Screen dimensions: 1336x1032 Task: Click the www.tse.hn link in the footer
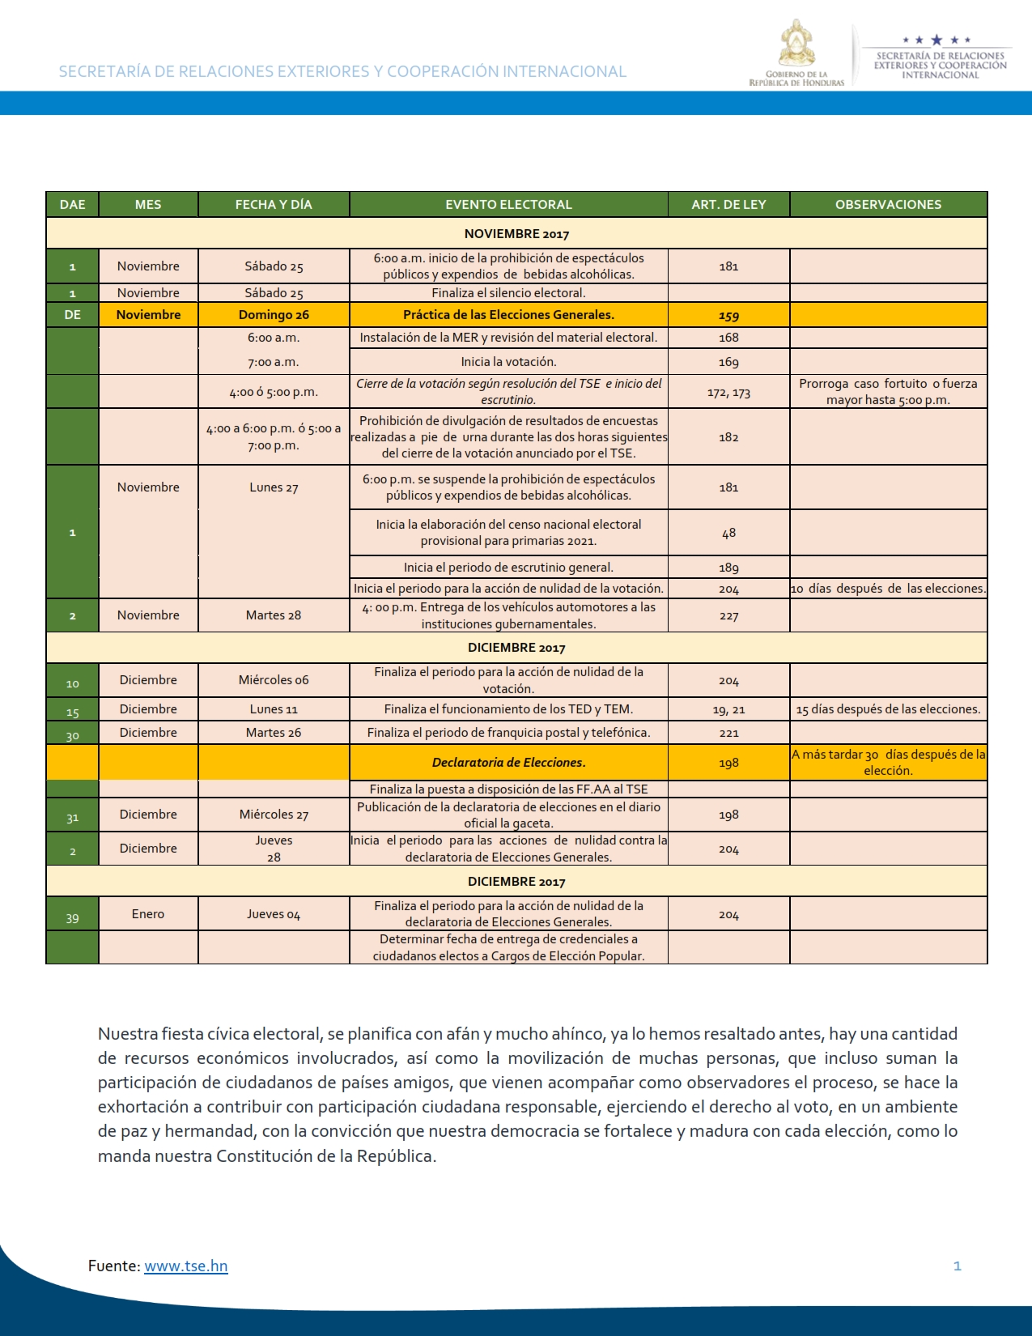(x=185, y=1266)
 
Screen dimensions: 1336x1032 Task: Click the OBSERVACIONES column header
(x=888, y=205)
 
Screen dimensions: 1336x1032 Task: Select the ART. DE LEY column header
(x=728, y=205)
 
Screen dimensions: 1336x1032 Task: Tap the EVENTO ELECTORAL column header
(x=508, y=205)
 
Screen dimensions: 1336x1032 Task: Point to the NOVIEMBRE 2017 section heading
(x=516, y=234)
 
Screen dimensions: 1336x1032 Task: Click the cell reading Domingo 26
(x=274, y=315)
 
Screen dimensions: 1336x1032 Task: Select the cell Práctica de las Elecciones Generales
(x=508, y=315)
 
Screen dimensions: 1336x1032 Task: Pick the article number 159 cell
(x=728, y=316)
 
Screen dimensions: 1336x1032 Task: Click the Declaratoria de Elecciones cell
(x=508, y=762)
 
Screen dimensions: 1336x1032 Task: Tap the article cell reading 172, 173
(x=728, y=393)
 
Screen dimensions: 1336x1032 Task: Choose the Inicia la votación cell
(x=508, y=362)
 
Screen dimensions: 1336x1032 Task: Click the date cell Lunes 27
(x=274, y=487)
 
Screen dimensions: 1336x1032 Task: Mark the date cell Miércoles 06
(x=274, y=680)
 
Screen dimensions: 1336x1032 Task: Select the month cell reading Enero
(x=148, y=914)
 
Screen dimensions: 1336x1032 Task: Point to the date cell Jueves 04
(x=274, y=915)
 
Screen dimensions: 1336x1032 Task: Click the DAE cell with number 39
(x=72, y=918)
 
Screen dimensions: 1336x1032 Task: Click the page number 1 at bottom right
(x=958, y=1266)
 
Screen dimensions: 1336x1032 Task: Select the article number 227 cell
(x=728, y=616)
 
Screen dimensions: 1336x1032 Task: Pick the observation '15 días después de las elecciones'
(x=888, y=709)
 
